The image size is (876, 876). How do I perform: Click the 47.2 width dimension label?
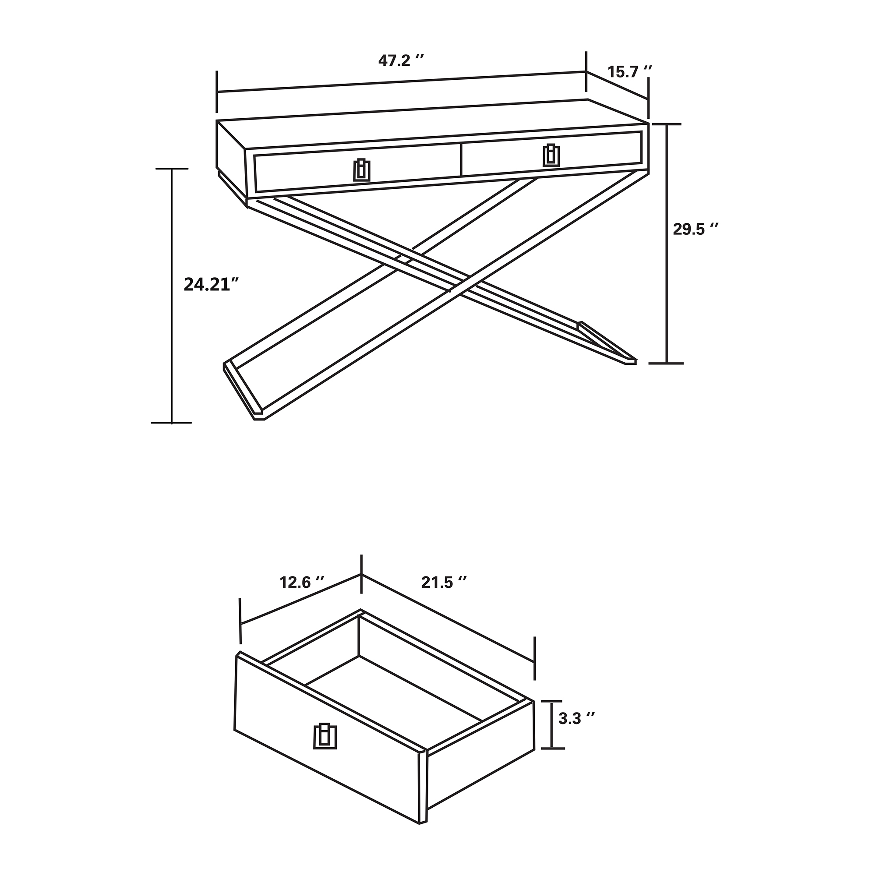coord(401,61)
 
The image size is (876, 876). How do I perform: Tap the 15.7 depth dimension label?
coord(629,72)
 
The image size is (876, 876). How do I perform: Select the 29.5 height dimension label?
coord(696,230)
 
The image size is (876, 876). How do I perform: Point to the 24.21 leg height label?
coord(211,284)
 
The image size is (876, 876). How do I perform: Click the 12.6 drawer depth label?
coord(302,582)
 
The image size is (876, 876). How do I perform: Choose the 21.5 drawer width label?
coord(444,582)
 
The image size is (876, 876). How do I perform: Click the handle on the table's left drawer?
coord(362,170)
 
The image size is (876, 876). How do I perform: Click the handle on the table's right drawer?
coord(551,155)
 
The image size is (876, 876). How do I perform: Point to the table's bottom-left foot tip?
coord(258,420)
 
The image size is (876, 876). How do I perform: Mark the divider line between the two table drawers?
coord(461,159)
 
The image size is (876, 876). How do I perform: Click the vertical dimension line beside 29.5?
coord(667,243)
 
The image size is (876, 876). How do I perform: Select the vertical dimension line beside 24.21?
coord(172,296)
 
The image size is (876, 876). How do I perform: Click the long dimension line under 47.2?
coord(402,82)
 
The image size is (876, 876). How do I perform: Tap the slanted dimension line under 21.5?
coord(448,618)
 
